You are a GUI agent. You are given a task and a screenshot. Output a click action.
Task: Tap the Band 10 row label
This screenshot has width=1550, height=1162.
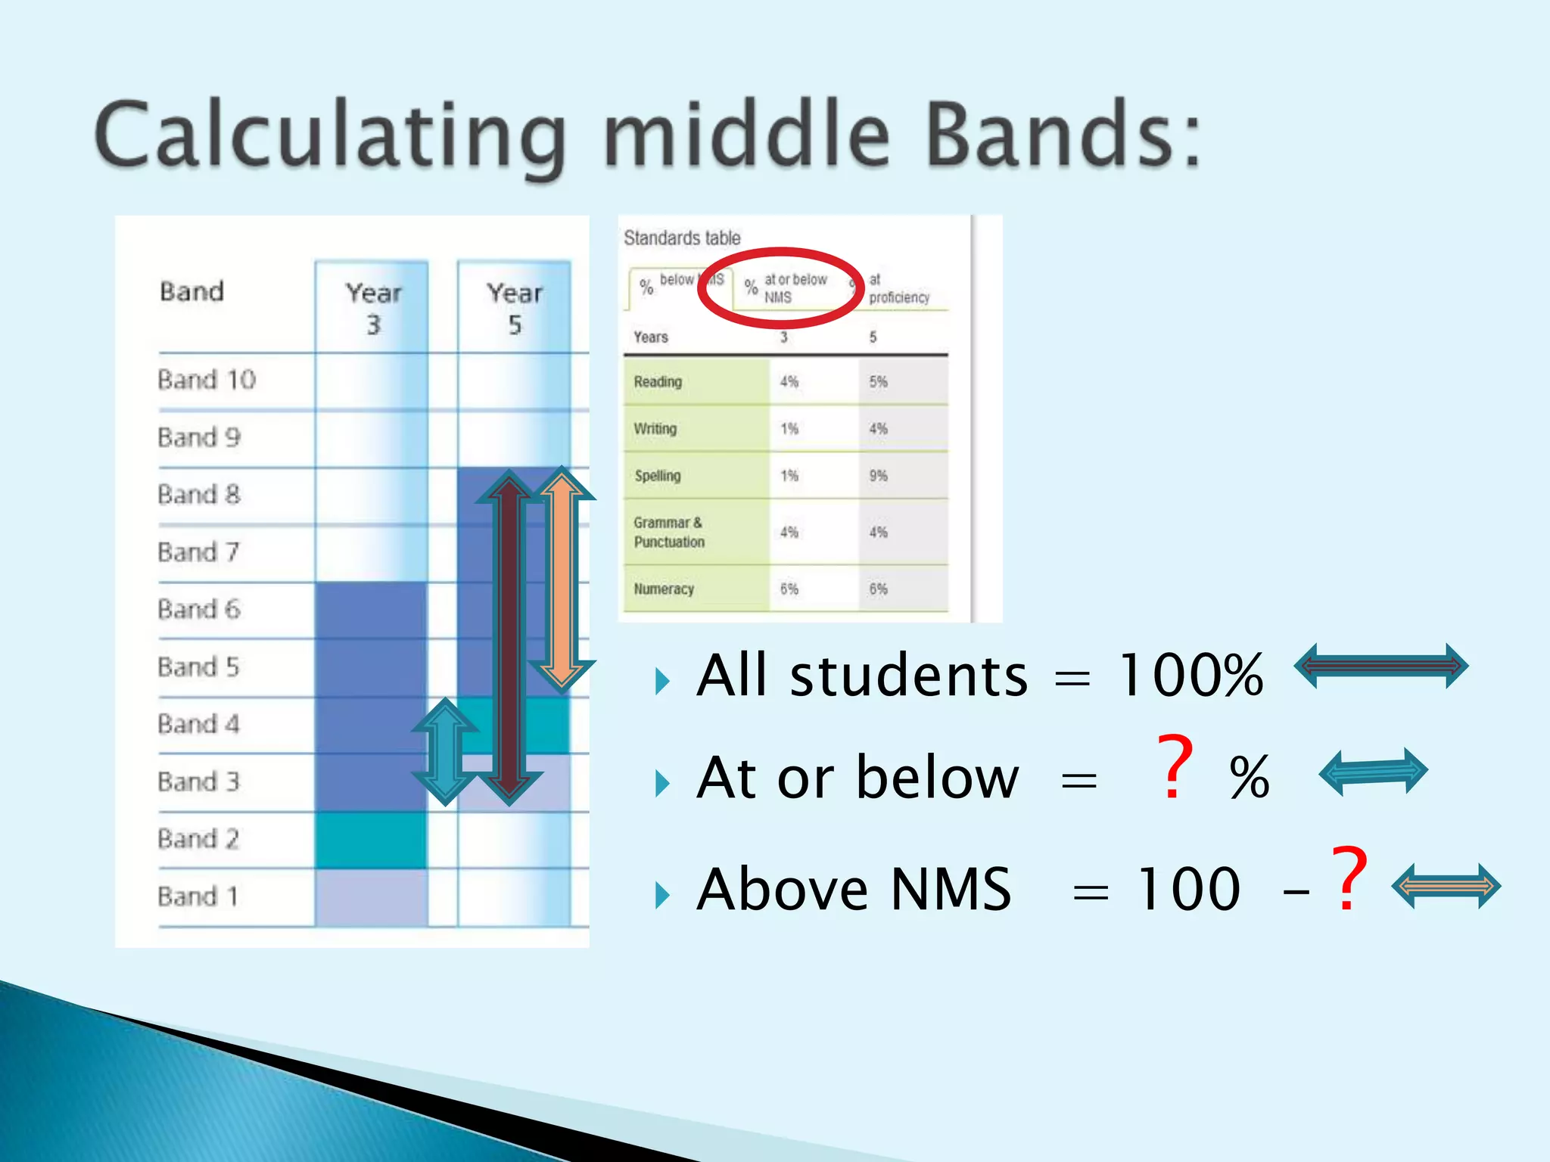pos(207,380)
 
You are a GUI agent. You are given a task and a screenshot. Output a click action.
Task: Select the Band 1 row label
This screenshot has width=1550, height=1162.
pos(198,896)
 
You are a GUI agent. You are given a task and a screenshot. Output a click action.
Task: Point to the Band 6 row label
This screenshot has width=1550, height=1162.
pos(199,610)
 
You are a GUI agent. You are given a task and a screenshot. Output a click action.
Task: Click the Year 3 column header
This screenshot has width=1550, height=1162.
pos(373,309)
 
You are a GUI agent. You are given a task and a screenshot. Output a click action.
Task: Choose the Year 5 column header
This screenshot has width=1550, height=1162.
pos(515,309)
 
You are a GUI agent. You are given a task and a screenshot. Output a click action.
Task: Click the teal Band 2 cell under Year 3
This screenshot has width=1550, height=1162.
pos(371,840)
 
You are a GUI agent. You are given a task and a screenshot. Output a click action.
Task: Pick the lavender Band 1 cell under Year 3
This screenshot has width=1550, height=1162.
pos(371,897)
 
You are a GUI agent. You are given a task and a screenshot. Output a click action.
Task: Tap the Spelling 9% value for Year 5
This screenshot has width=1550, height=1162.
pos(878,476)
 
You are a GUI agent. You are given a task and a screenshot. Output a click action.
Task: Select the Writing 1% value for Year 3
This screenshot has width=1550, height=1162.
pos(789,429)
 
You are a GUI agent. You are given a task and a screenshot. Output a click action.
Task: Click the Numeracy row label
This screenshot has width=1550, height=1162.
pos(664,589)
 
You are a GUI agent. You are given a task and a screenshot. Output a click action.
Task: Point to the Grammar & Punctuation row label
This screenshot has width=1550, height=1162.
pos(669,533)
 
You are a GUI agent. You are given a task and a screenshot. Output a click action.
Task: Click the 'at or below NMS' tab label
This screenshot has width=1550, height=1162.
pos(795,289)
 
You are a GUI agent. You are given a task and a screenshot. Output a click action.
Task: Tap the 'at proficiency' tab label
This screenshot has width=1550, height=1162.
pos(898,289)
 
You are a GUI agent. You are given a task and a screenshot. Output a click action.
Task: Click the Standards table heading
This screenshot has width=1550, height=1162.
pos(682,238)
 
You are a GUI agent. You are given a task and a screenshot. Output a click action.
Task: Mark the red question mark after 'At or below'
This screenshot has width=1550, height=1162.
pos(1175,768)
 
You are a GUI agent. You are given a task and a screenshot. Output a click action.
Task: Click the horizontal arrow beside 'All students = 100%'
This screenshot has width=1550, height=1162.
pos(1380,666)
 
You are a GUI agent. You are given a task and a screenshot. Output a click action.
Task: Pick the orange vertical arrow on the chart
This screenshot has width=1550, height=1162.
pos(562,579)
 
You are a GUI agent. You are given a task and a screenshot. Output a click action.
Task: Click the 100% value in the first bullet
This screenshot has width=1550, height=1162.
pos(1191,676)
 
